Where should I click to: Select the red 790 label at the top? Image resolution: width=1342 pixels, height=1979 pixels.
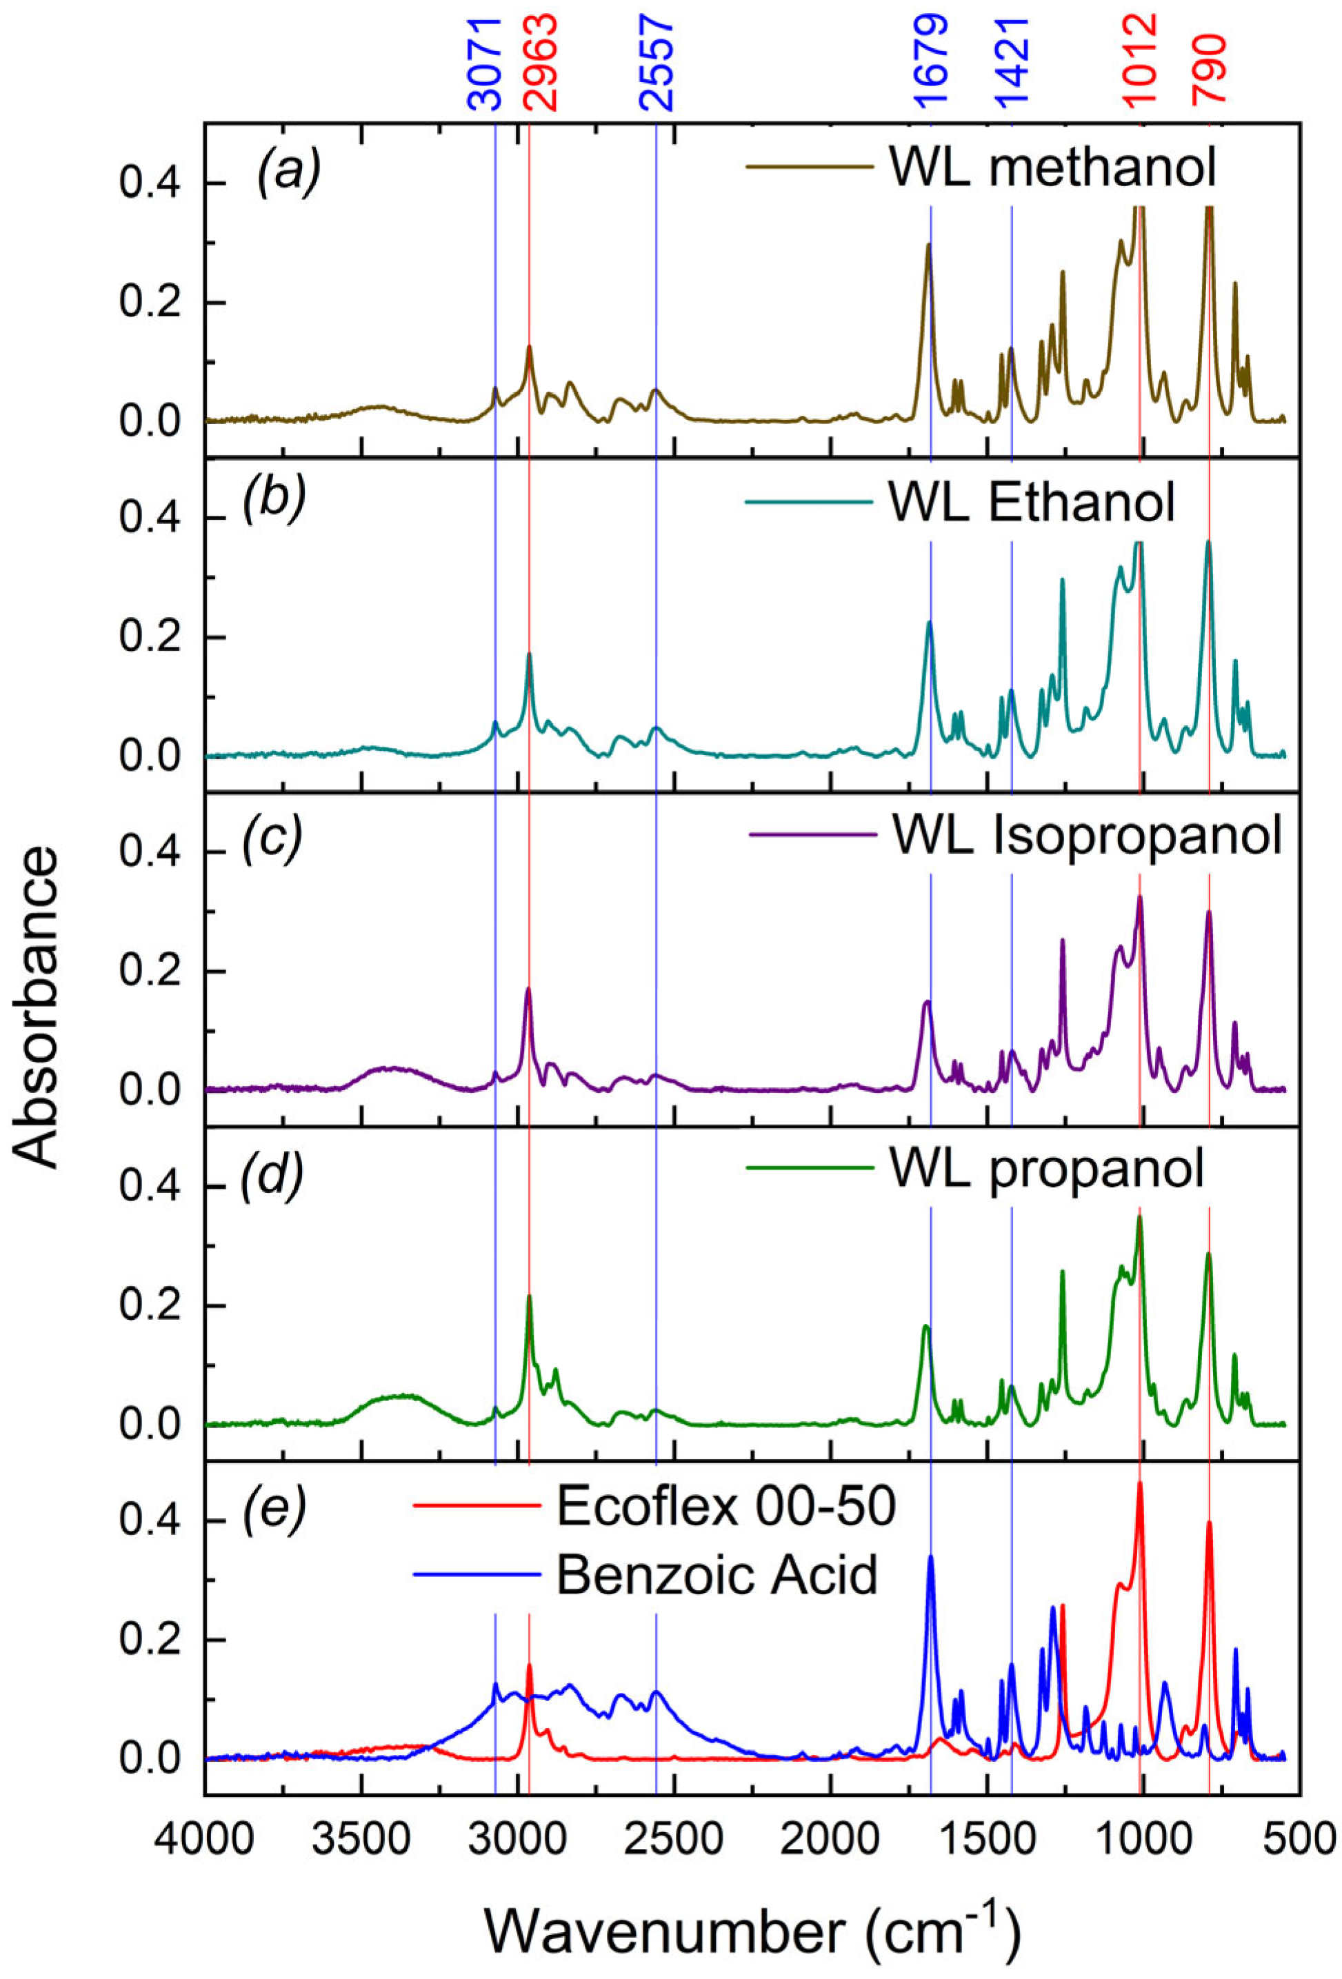1209,68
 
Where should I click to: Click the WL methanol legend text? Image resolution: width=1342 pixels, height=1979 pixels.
1052,167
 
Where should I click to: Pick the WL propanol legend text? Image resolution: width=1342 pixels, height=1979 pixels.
1047,1169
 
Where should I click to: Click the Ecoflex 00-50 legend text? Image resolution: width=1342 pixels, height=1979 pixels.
725,1505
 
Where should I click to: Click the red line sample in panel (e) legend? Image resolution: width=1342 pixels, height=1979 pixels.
478,1505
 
